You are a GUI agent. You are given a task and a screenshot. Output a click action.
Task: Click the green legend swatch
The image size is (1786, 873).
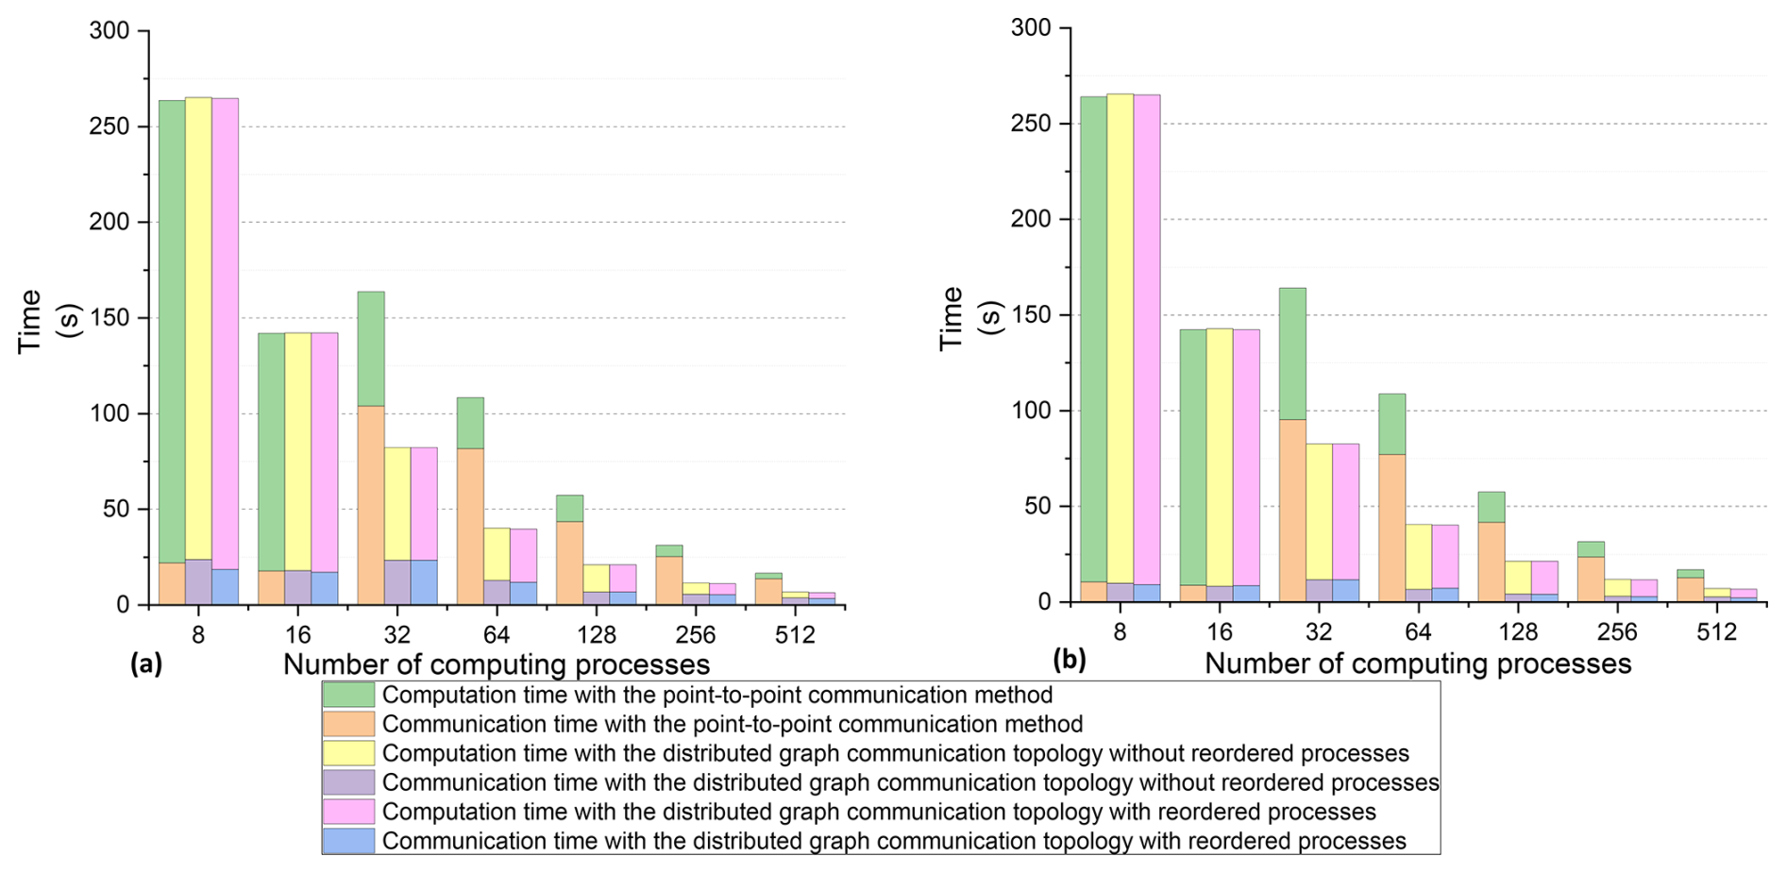click(x=348, y=696)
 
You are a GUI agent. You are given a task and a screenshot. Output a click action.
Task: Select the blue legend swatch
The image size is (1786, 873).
click(x=348, y=841)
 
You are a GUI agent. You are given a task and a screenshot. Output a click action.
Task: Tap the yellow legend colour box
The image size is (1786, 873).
click(x=348, y=753)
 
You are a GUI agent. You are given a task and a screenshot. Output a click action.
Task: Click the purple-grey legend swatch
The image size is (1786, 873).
click(x=348, y=782)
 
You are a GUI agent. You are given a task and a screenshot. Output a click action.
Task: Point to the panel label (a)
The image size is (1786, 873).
click(x=146, y=664)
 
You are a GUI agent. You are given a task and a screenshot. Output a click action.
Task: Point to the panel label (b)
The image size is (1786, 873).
click(x=1069, y=660)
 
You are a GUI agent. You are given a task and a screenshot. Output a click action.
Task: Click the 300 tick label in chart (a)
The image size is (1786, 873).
click(x=110, y=31)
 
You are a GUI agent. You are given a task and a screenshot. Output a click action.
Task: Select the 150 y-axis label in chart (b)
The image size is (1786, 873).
click(x=1031, y=314)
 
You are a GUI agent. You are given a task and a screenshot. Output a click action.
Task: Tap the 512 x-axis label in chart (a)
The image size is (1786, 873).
click(x=795, y=635)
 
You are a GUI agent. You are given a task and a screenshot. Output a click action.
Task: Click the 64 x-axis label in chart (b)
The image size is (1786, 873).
click(x=1418, y=632)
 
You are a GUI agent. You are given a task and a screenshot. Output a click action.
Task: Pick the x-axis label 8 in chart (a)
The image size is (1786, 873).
click(x=198, y=635)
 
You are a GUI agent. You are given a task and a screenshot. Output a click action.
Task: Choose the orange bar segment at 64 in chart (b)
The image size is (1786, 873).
click(x=1391, y=528)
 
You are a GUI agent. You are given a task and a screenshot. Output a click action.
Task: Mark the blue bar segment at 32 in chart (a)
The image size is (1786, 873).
click(x=424, y=582)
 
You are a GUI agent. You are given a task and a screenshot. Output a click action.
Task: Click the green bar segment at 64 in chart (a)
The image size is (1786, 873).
click(x=470, y=423)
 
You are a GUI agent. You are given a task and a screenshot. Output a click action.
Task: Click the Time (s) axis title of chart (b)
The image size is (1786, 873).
click(x=969, y=318)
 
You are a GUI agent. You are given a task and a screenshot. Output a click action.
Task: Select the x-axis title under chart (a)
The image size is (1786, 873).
click(x=497, y=664)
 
